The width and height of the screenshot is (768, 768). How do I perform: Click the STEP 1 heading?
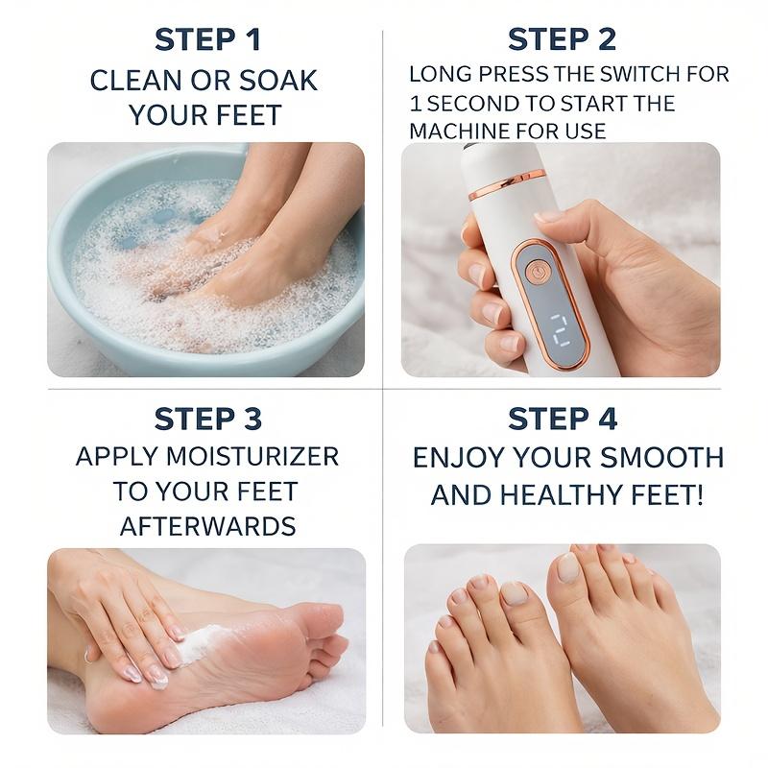coord(207,39)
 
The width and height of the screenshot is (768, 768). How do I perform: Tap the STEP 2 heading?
coord(562,39)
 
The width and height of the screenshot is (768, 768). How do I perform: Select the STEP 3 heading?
coord(208,419)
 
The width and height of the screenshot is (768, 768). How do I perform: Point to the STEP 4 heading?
coord(563,419)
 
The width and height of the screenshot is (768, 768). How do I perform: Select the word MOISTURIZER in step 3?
coord(252,457)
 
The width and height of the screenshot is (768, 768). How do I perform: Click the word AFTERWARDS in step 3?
coord(207,526)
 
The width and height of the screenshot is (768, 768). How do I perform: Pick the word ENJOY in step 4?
coord(458,458)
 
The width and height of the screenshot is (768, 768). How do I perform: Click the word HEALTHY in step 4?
coord(562,494)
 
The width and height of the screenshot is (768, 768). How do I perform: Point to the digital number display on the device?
coord(559,330)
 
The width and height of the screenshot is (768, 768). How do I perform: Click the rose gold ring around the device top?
coord(507,184)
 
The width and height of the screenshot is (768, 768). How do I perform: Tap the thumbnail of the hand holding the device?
coord(561,259)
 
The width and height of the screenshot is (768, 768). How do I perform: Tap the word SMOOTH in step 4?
coord(661,458)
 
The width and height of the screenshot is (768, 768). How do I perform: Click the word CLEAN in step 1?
coord(135,81)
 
